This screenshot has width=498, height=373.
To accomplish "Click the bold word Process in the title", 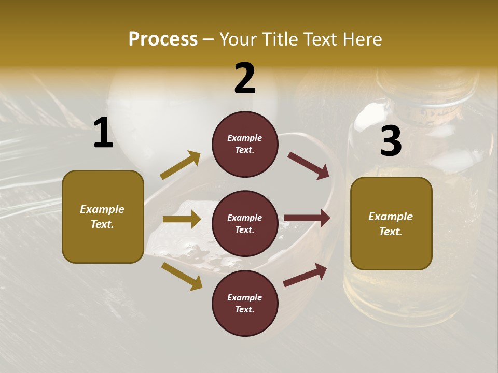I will (163, 39).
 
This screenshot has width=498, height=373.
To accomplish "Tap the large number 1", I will (103, 133).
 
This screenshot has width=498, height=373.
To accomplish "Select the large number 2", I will (245, 78).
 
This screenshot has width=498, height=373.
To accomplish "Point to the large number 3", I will (391, 141).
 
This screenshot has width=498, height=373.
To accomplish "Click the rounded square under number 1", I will (103, 217).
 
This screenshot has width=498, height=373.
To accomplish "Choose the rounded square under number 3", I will (391, 223).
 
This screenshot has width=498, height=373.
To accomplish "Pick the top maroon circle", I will (245, 144).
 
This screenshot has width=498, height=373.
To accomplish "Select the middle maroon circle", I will (245, 223).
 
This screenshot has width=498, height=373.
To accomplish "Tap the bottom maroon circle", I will (245, 303).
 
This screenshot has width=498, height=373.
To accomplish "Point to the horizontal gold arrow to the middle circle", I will (182, 219).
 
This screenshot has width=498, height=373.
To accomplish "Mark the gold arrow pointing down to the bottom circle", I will (182, 276).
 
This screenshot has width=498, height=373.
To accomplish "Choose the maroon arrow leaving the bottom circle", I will (305, 275).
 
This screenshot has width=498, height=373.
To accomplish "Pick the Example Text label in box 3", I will (391, 224).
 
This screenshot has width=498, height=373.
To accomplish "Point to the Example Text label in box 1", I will (102, 217).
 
